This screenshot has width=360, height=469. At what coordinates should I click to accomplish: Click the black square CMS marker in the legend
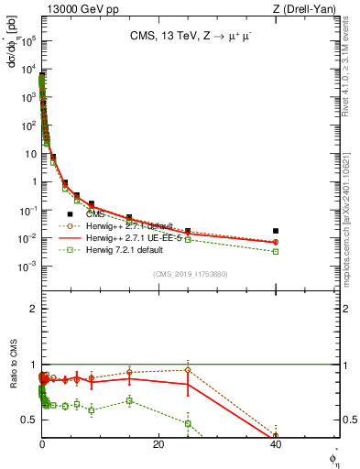tap(70, 213)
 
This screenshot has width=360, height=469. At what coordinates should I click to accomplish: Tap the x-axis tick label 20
tap(158, 444)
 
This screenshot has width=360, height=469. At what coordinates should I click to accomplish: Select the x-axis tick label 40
tap(275, 444)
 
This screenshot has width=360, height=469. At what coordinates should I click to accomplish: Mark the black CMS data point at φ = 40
tap(276, 231)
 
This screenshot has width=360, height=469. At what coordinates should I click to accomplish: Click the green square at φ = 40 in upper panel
tap(276, 251)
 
